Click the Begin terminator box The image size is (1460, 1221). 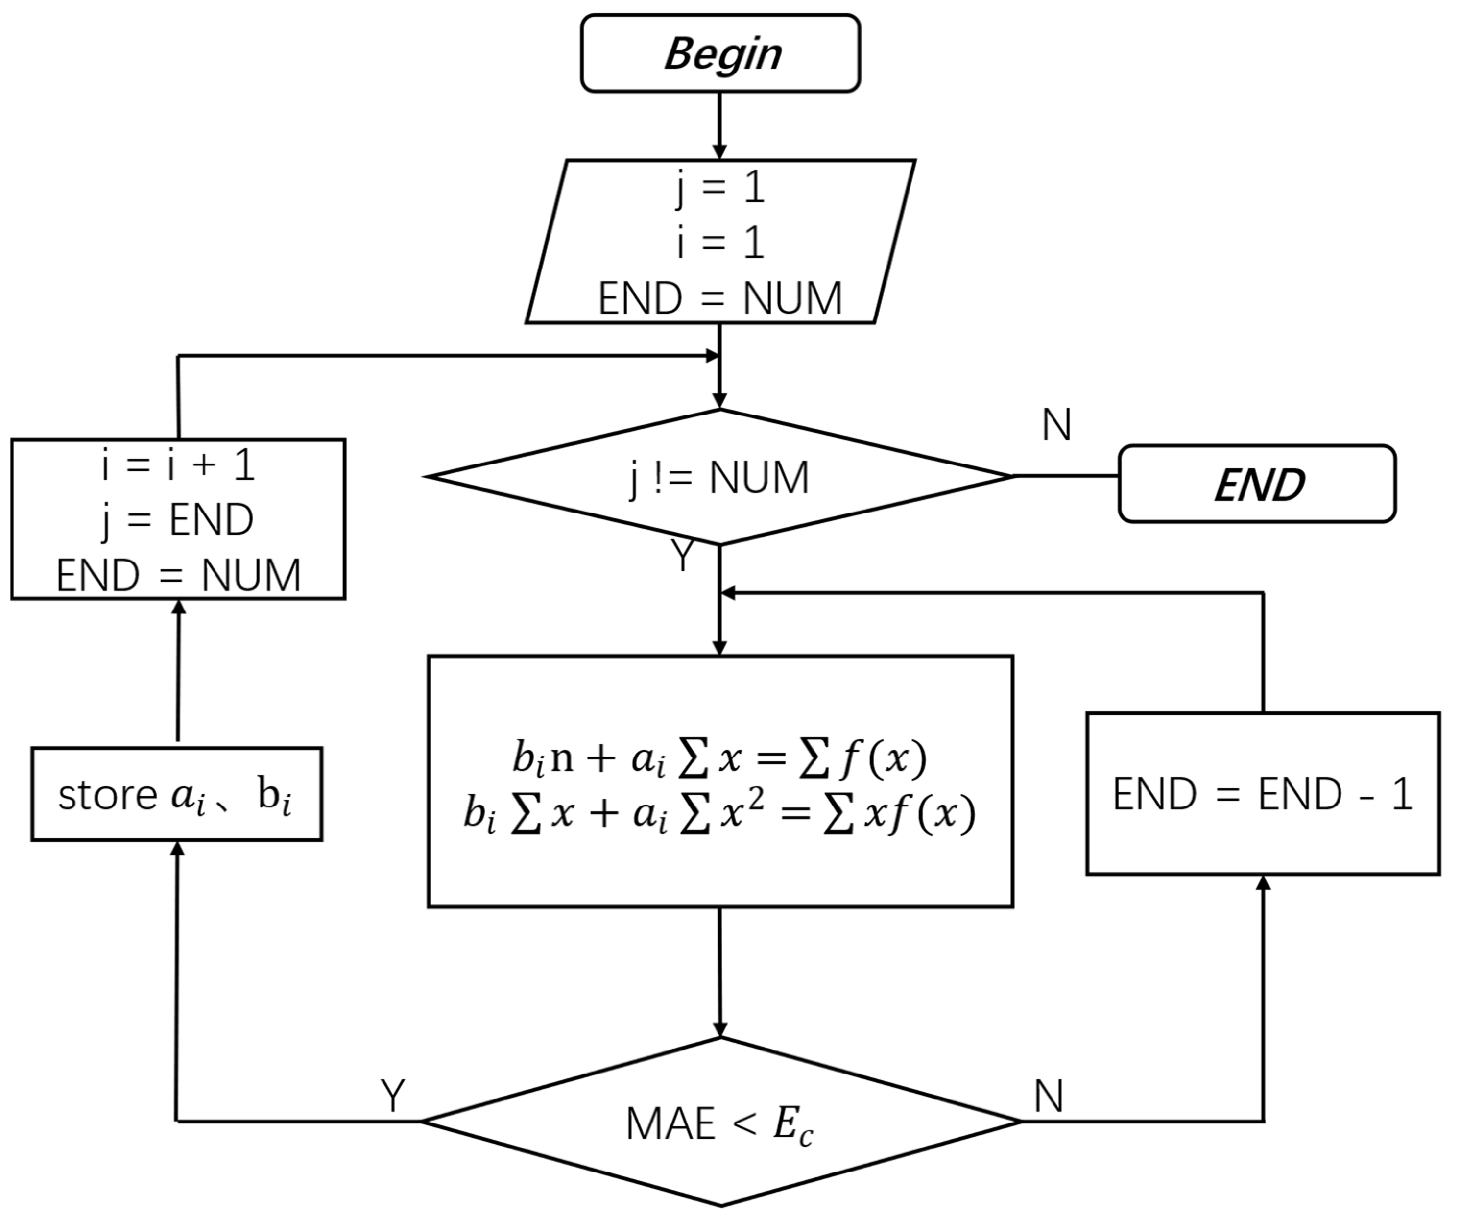pos(720,53)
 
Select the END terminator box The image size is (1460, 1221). pos(1257,484)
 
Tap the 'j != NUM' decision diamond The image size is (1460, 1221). pos(720,477)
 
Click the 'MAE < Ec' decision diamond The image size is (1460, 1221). pos(720,1122)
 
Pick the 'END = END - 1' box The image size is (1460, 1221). pos(1263,794)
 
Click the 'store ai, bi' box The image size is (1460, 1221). pos(177,794)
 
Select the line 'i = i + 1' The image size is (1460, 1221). pos(178,464)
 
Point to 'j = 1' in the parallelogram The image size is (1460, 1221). pos(720,188)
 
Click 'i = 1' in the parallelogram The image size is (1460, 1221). pos(720,244)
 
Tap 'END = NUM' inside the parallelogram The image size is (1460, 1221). pos(720,299)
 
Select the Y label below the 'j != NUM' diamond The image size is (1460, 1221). pos(683,556)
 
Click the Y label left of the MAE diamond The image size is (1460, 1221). pos(393,1097)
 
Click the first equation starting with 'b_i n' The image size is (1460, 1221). pos(720,758)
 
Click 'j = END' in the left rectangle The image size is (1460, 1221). pos(178,519)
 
